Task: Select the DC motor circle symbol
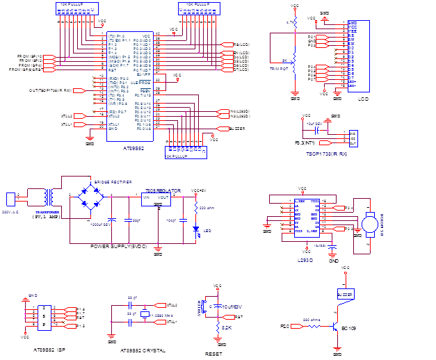tap(369, 222)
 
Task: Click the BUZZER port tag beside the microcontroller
tap(238, 129)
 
